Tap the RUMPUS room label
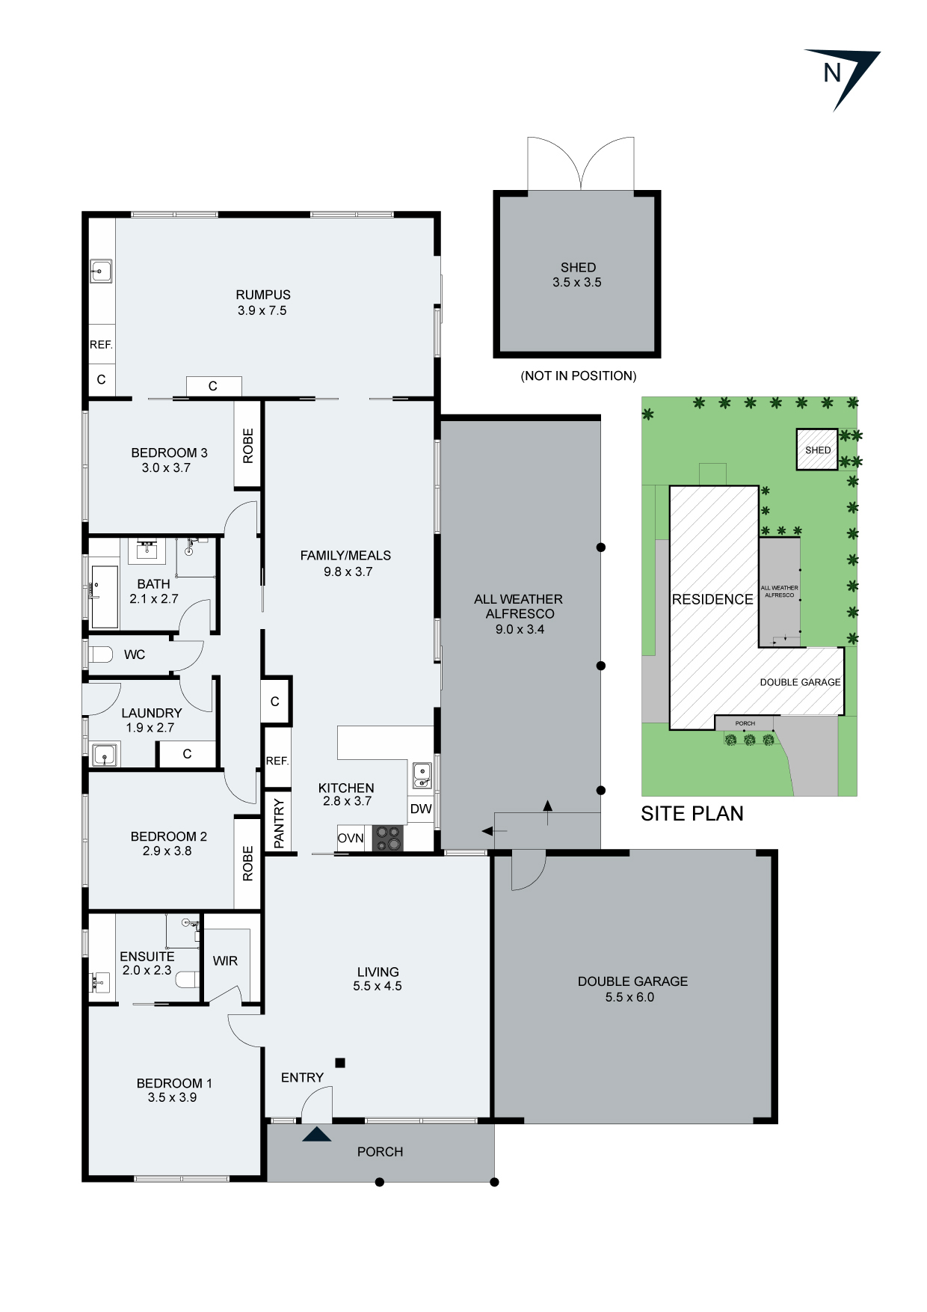262,295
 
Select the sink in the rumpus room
101,271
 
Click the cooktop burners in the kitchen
387,838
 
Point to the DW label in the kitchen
421,809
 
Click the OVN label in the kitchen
351,839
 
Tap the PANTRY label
279,823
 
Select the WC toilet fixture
100,655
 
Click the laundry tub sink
104,755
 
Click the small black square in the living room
340,1062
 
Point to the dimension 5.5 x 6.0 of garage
629,997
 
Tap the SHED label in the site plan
817,450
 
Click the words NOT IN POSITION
578,375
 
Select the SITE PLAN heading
692,814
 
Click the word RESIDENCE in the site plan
712,599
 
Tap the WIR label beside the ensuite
225,961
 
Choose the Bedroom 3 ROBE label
248,446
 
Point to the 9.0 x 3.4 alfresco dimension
520,629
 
